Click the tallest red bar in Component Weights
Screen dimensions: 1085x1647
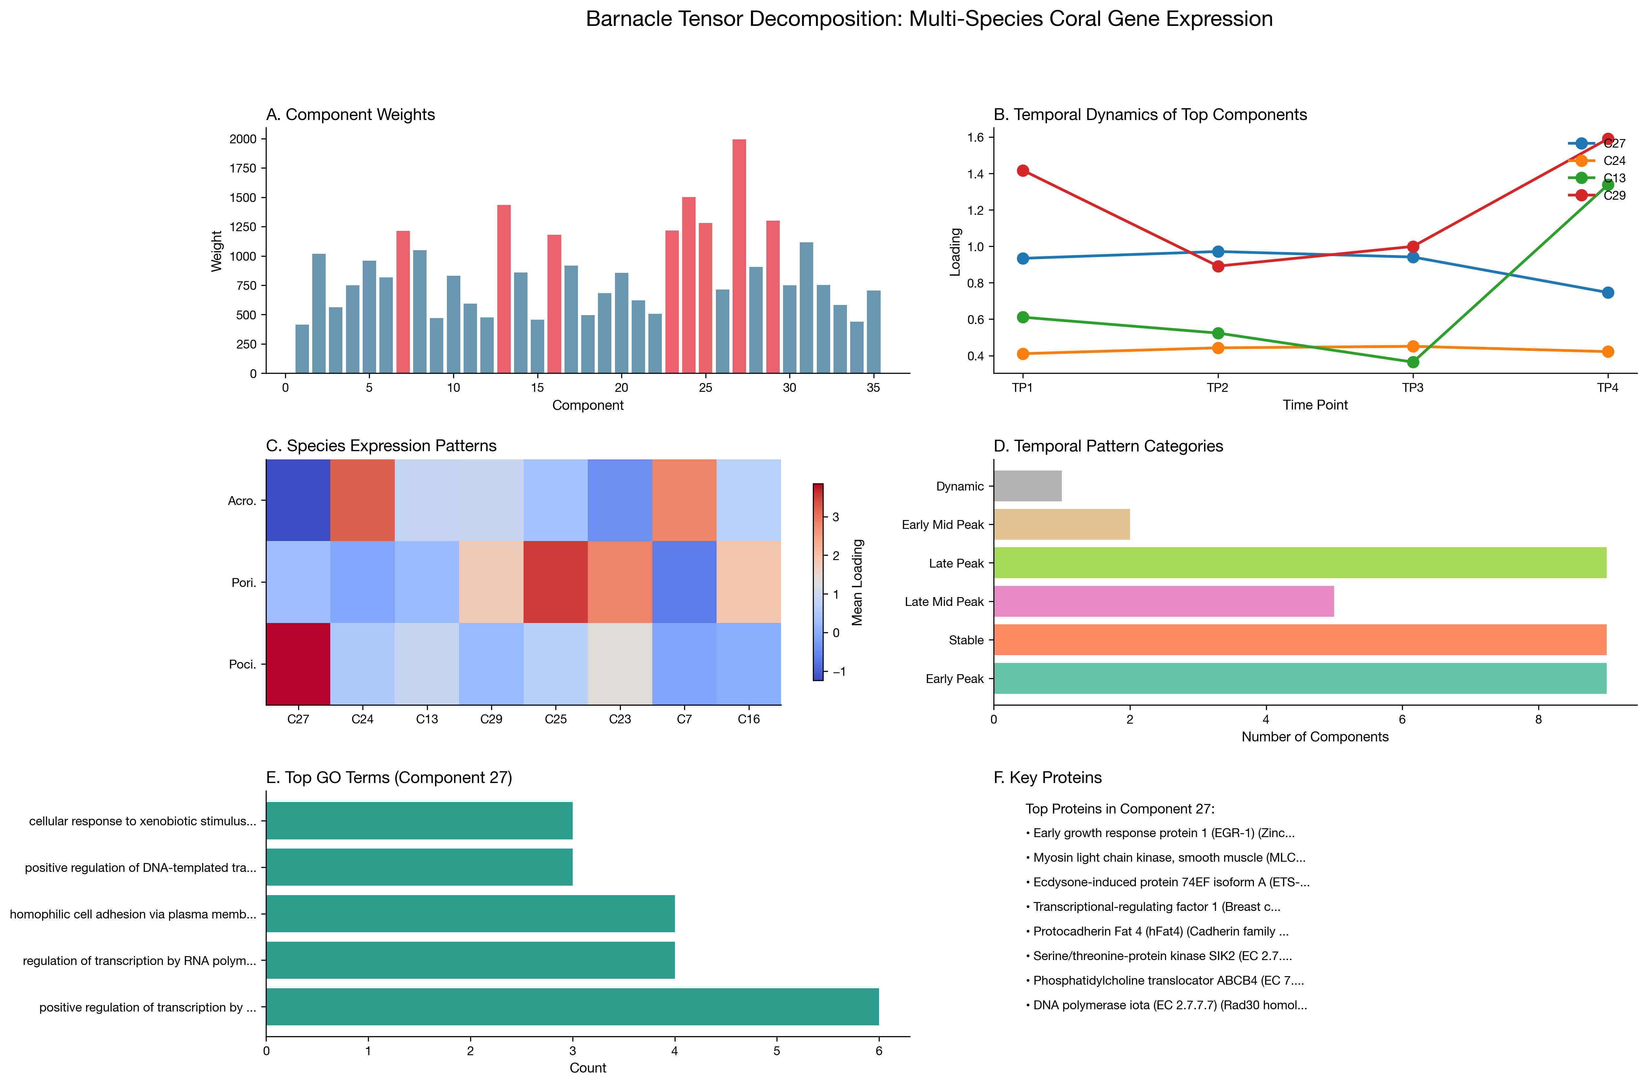coord(739,256)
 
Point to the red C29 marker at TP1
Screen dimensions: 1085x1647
coord(1023,170)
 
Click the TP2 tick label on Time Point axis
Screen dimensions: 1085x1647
coord(1217,388)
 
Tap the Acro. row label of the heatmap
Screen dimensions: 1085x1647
coord(242,501)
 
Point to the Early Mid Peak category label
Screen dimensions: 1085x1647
coord(943,525)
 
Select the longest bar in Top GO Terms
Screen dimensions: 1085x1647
coord(572,1007)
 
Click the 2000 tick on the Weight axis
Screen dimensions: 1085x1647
coord(243,139)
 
